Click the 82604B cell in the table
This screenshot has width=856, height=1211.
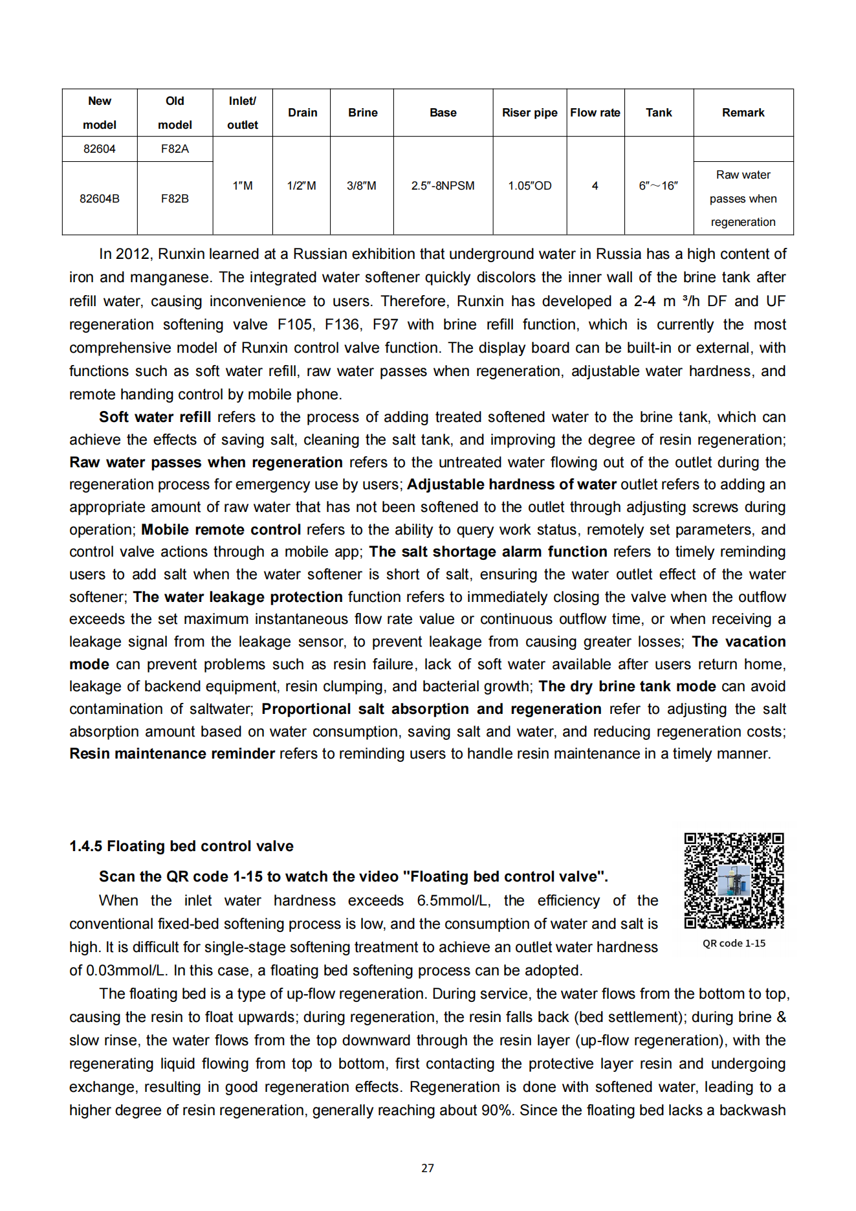[100, 199]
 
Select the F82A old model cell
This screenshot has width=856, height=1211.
[175, 149]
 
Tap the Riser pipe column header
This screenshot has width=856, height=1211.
[529, 113]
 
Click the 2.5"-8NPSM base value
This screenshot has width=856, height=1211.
[443, 186]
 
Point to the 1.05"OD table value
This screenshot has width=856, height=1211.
[529, 186]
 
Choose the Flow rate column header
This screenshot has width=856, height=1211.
[595, 113]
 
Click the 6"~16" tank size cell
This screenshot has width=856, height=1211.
[658, 186]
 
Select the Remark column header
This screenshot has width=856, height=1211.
[743, 113]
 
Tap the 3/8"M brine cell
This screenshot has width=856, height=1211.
[362, 186]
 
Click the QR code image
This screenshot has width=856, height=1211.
[734, 880]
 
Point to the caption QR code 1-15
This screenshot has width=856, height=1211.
[734, 943]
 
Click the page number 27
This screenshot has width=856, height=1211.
[428, 1168]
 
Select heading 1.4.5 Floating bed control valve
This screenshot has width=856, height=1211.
[181, 846]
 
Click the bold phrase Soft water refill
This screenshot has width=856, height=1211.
[155, 417]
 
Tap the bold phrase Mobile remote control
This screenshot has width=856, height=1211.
[221, 529]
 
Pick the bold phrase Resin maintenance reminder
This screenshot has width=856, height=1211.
[172, 753]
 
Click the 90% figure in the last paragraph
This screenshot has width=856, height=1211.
[498, 1110]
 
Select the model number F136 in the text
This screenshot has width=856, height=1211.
[342, 324]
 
